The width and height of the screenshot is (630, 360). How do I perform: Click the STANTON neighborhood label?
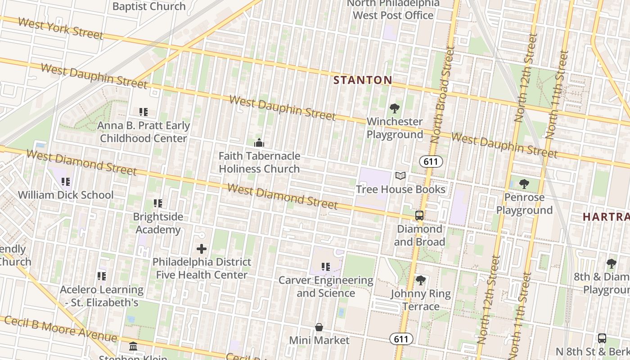click(x=363, y=81)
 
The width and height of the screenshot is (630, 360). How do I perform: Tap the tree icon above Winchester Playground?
click(x=395, y=108)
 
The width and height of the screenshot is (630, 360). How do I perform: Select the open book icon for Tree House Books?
click(x=400, y=176)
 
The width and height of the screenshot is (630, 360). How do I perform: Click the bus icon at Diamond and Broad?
click(x=419, y=216)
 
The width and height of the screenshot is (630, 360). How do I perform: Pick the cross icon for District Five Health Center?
click(x=202, y=248)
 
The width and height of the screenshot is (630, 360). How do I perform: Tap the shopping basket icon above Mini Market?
click(x=319, y=327)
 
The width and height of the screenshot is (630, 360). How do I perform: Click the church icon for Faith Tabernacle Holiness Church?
click(x=259, y=143)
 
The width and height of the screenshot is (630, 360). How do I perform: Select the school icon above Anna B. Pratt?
click(x=144, y=112)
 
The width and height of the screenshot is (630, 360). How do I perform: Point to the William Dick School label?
click(x=66, y=195)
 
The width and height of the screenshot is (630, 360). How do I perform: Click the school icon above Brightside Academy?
click(x=157, y=203)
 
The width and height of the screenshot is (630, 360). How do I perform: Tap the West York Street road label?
click(x=60, y=29)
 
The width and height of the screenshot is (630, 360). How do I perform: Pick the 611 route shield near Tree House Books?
click(x=431, y=162)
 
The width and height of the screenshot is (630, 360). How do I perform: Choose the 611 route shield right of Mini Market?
click(x=400, y=339)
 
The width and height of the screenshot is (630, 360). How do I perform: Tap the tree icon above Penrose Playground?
click(x=524, y=184)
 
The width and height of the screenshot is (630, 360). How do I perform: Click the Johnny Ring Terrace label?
click(x=420, y=300)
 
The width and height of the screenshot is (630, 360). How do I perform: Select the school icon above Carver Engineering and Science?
click(x=326, y=267)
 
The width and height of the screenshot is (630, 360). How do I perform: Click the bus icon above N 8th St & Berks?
click(x=602, y=338)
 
